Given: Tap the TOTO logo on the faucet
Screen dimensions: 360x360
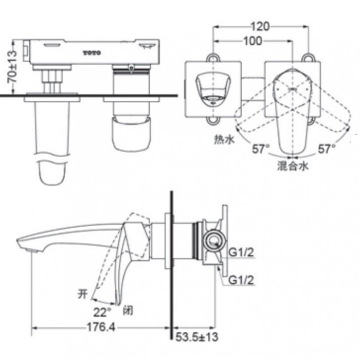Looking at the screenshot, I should point(91,52).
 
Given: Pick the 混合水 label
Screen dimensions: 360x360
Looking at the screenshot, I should point(293,166).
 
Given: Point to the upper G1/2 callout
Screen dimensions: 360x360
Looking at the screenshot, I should point(242,252).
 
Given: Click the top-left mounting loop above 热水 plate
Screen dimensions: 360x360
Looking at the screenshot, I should point(213,57).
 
